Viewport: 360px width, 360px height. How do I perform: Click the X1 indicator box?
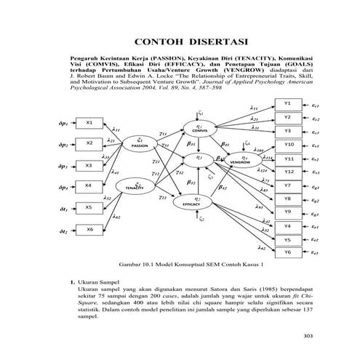88,122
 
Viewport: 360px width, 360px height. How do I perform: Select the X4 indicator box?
88,185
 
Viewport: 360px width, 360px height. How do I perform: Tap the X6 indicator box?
88,230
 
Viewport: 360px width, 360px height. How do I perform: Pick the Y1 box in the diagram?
288,104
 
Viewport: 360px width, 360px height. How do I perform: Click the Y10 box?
289,145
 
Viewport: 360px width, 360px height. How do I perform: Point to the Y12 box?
289,172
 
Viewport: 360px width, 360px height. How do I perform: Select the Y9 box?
288,212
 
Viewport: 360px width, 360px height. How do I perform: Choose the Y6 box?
288,252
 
